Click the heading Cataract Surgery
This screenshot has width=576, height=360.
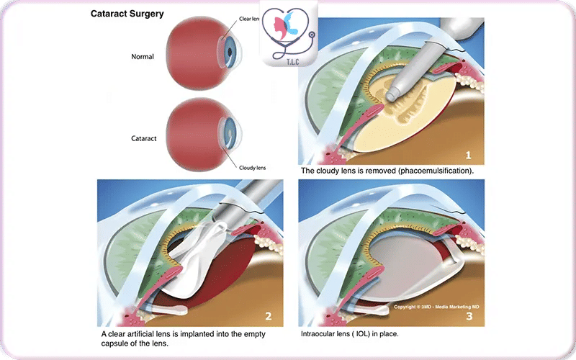(127, 14)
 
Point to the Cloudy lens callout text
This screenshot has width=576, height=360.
(253, 168)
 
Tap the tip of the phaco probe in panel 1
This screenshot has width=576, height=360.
(393, 94)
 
